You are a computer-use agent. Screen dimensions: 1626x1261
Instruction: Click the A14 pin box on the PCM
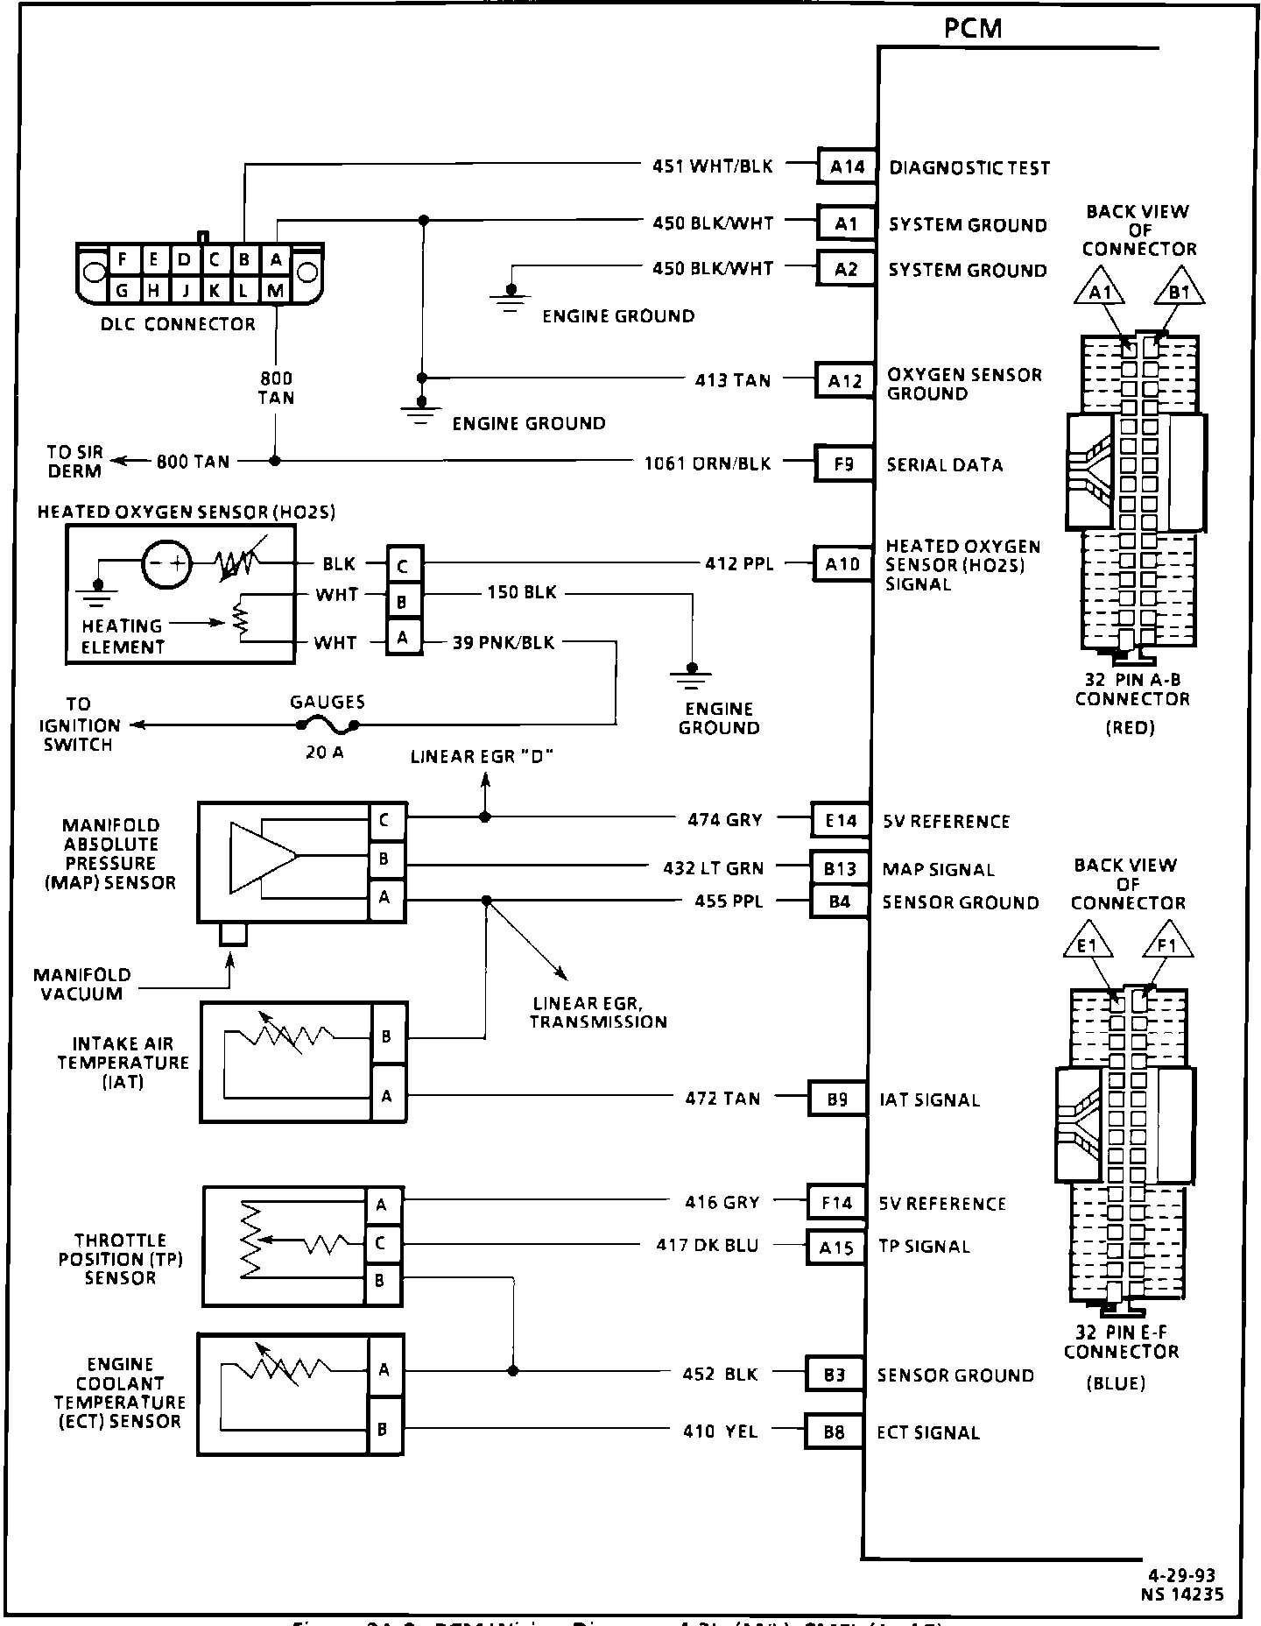pyautogui.click(x=847, y=166)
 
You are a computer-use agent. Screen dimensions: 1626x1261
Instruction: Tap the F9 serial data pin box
pyautogui.click(x=843, y=463)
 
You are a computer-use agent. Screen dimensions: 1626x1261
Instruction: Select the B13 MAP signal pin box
pyautogui.click(x=839, y=868)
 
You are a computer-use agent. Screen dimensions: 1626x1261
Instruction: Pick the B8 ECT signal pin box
pyautogui.click(x=834, y=1432)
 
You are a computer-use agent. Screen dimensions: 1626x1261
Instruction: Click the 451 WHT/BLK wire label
pyautogui.click(x=712, y=166)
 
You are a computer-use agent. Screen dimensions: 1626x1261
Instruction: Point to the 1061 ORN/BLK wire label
pyautogui.click(x=708, y=463)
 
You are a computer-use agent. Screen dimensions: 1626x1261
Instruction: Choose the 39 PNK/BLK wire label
pyautogui.click(x=504, y=642)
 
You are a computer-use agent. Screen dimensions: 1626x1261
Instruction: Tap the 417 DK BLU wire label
pyautogui.click(x=708, y=1245)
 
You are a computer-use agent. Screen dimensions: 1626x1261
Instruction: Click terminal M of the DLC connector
pyautogui.click(x=275, y=291)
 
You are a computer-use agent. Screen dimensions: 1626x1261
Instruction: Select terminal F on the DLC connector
pyautogui.click(x=123, y=259)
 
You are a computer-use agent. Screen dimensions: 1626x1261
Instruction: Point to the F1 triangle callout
pyautogui.click(x=1167, y=945)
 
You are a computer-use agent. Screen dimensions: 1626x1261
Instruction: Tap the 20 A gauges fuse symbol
pyautogui.click(x=327, y=725)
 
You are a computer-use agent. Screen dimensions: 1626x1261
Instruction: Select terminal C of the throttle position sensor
pyautogui.click(x=380, y=1243)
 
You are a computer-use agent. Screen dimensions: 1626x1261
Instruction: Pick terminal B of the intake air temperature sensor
pyautogui.click(x=386, y=1036)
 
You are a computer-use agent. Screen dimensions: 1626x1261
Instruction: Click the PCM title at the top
pyautogui.click(x=973, y=28)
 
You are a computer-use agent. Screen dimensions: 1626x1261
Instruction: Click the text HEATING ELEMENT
pyautogui.click(x=123, y=636)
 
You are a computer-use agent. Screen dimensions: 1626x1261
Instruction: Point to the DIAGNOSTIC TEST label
pyautogui.click(x=969, y=167)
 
